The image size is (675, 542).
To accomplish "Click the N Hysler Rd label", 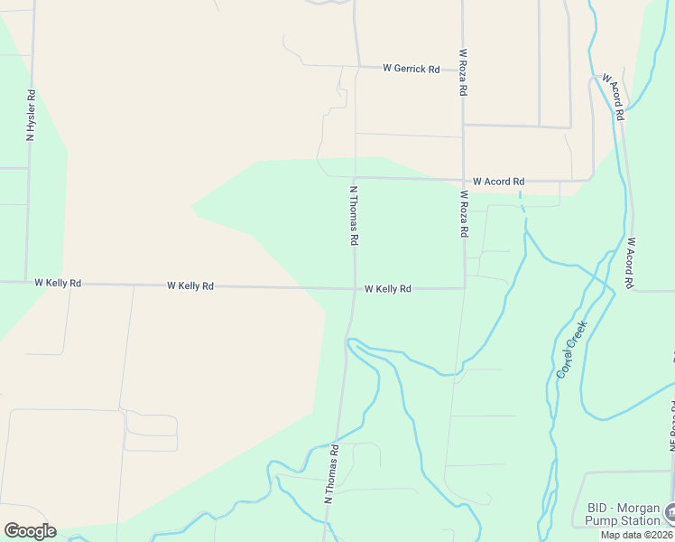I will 31,114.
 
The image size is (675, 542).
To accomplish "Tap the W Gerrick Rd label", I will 411,69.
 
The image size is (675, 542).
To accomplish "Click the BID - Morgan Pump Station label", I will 623,514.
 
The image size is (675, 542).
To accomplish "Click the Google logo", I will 30,531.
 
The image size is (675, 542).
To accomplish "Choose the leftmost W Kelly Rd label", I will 58,283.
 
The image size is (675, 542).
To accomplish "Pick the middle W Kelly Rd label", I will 190,285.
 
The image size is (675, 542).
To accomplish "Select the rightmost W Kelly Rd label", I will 388,289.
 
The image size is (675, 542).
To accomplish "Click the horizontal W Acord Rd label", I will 498,182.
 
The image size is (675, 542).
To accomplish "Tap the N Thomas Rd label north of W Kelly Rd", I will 355,217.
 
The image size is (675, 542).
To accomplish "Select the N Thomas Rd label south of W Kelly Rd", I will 331,473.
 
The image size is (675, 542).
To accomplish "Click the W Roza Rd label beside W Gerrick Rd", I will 463,73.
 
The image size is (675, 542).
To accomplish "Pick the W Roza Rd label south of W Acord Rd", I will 464,213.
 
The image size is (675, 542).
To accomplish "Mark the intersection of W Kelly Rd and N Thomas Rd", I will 355,289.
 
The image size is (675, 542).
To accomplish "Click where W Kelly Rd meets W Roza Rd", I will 464,288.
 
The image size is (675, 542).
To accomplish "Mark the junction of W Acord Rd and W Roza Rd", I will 463,179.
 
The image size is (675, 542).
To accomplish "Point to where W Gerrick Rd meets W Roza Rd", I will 463,69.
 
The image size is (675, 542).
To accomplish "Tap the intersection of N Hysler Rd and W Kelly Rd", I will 26,282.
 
